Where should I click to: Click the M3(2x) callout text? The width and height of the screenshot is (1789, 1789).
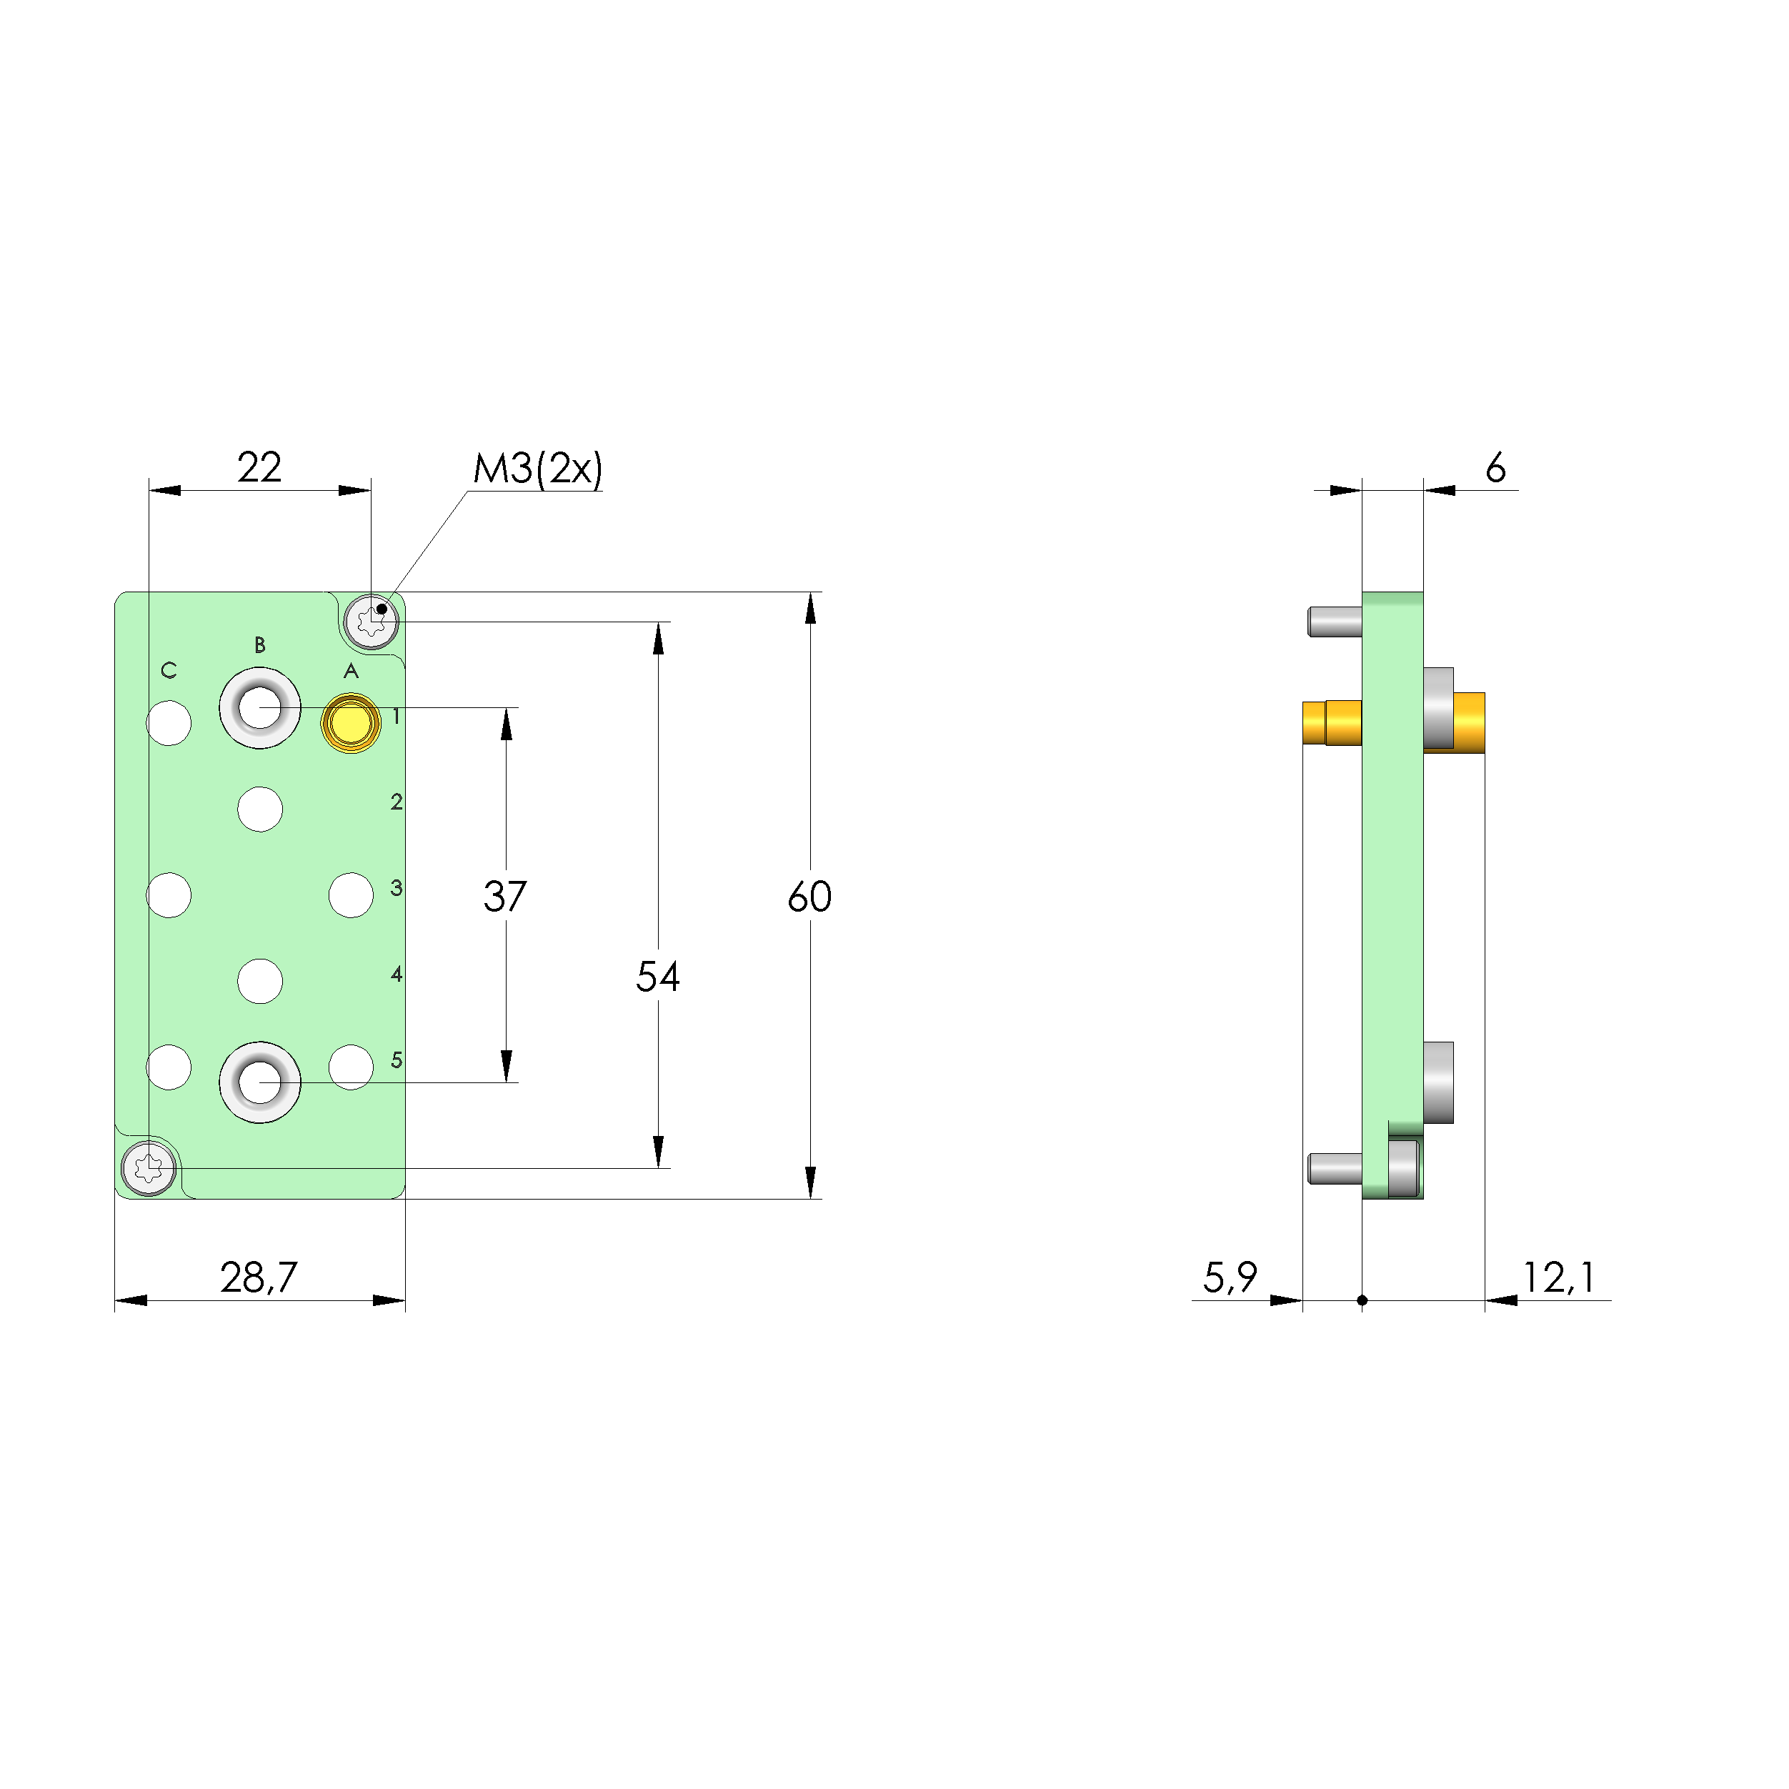(x=537, y=469)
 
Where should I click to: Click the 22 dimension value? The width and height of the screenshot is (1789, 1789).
(x=259, y=468)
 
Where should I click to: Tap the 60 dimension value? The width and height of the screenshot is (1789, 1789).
(x=809, y=897)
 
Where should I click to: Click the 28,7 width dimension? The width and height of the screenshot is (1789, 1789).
(x=259, y=1278)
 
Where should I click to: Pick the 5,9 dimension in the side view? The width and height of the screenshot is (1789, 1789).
(x=1230, y=1278)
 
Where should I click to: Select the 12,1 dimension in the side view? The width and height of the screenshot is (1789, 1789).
(x=1560, y=1278)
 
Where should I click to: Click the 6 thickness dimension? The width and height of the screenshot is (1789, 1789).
(x=1495, y=469)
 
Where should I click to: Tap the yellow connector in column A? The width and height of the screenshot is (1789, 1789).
(x=350, y=723)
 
